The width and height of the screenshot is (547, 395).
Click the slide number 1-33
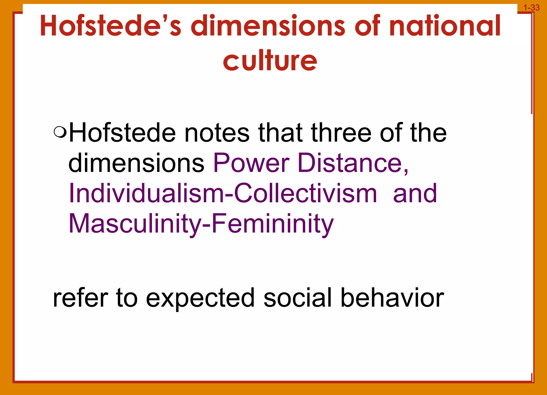click(x=531, y=8)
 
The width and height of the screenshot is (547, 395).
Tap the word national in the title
click(x=445, y=26)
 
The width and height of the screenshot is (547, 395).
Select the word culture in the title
click(x=270, y=61)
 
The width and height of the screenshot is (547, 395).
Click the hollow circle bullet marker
click(x=60, y=131)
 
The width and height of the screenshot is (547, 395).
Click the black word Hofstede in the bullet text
click(x=122, y=133)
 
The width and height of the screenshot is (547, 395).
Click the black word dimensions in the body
click(x=136, y=163)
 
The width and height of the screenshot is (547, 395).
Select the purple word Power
click(x=251, y=163)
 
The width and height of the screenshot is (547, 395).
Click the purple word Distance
click(x=353, y=163)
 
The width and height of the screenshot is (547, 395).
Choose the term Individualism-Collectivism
click(x=223, y=193)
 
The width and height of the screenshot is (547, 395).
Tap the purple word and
click(x=415, y=193)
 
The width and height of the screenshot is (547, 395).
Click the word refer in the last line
click(x=80, y=298)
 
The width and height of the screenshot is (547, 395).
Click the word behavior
click(x=392, y=298)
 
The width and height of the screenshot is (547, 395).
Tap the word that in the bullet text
click(x=280, y=133)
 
